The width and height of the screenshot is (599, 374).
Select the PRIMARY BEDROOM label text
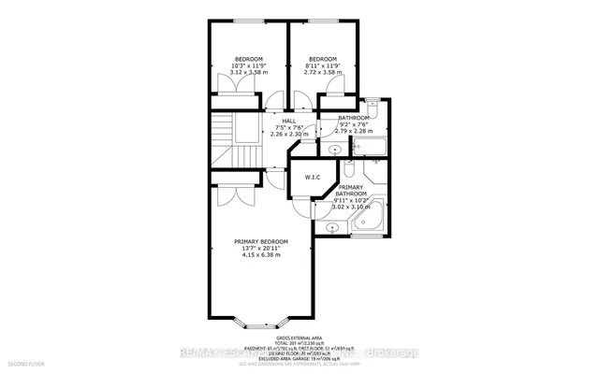click(261, 241)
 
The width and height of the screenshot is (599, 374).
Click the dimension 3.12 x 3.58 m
click(248, 72)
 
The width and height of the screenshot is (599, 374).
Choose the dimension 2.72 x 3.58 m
click(323, 72)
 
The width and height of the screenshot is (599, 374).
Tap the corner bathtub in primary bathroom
click(365, 220)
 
